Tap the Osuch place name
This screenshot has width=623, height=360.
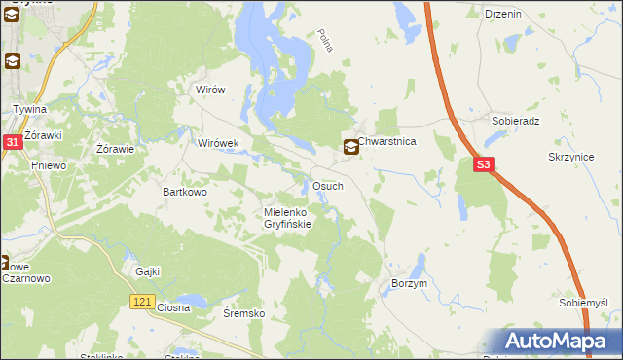(326, 186)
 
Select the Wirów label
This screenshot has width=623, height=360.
(210, 90)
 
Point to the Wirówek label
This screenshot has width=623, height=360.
(218, 143)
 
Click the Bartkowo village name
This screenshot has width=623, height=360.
(185, 193)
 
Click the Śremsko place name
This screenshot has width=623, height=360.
(244, 313)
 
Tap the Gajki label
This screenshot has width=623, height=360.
(148, 271)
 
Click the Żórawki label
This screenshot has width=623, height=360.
(44, 134)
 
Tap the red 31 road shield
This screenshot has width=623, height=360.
(12, 142)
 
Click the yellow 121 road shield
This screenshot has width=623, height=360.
(142, 304)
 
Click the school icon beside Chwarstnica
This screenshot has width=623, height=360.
(349, 148)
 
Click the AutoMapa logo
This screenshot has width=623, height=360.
(559, 342)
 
